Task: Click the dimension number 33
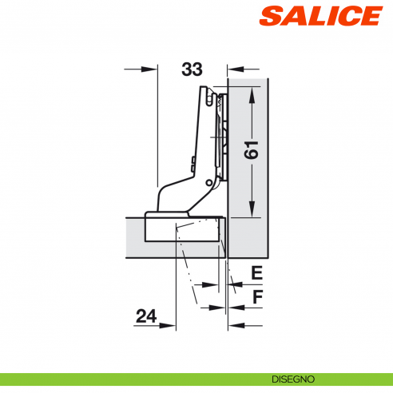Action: pos(191,69)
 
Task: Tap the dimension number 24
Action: pos(145,316)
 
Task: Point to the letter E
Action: pos(256,273)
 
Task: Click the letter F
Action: pos(256,299)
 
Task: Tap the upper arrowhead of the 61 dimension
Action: pos(254,94)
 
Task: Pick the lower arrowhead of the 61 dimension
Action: pos(254,210)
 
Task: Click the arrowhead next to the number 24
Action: pos(170,325)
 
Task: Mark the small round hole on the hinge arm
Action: pos(209,184)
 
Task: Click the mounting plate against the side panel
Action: pos(223,136)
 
